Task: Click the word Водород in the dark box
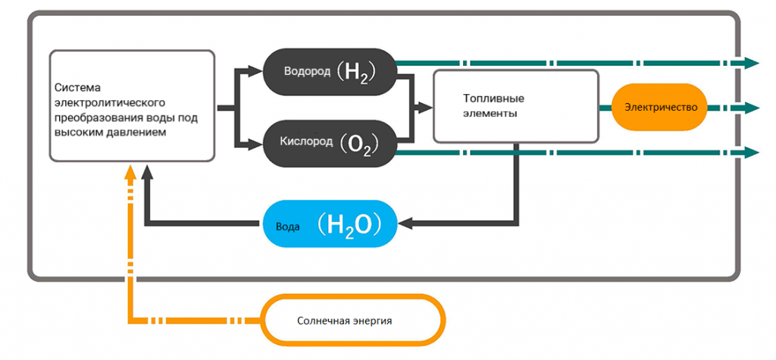307,71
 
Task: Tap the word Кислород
307,142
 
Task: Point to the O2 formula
360,143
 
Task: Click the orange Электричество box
661,107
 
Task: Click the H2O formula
353,224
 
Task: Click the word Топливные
493,99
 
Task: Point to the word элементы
492,114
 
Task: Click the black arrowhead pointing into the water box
404,223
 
